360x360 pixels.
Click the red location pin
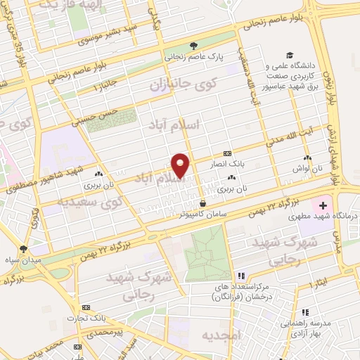click(181, 165)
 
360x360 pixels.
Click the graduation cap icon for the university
click(289, 55)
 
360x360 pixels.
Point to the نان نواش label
click(307, 169)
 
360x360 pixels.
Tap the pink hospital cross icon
click(323, 206)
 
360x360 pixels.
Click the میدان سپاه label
click(24, 259)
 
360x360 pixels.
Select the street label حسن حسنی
click(112, 112)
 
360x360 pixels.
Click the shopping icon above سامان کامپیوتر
click(202, 202)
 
